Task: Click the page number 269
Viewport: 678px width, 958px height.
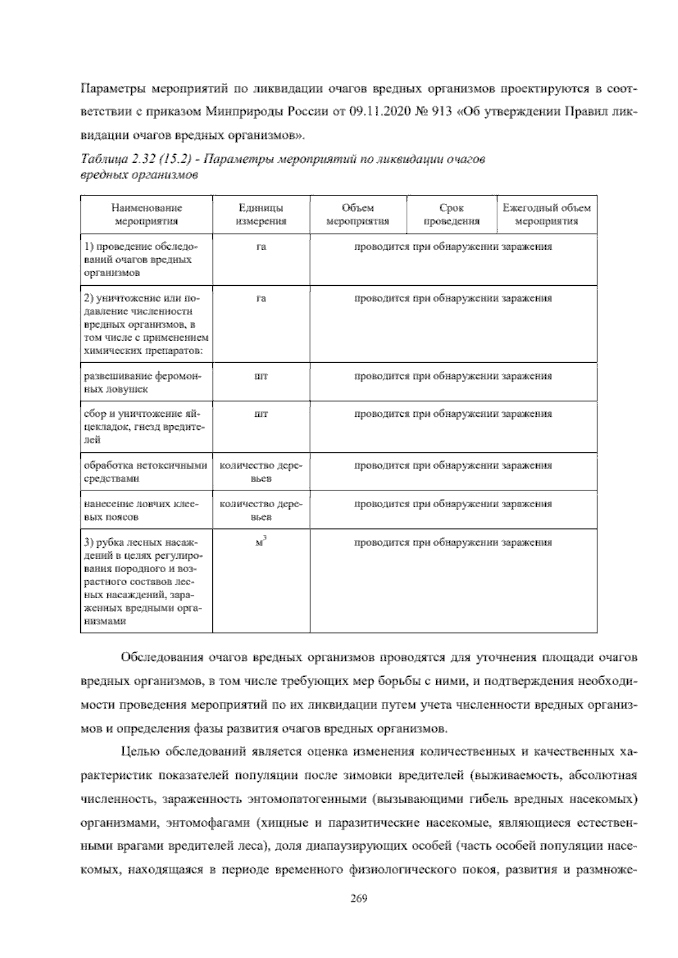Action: [359, 898]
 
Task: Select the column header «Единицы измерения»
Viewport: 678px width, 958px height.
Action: [261, 215]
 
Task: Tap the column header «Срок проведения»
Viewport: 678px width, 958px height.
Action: [451, 215]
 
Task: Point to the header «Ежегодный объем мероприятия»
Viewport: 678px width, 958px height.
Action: [546, 215]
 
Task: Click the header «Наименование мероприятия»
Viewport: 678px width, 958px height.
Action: [146, 215]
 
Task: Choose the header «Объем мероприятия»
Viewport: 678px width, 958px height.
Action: [358, 215]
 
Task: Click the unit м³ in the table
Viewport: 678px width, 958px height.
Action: [260, 543]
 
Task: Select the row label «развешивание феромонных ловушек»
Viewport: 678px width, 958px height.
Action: [142, 382]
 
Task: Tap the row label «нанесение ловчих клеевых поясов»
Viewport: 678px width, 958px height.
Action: [142, 510]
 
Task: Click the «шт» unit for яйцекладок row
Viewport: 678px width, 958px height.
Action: [261, 414]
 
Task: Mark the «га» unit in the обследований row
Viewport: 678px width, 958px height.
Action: [261, 247]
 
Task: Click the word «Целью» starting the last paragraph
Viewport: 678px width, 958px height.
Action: [138, 752]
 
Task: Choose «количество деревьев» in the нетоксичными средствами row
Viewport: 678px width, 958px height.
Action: [261, 472]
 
